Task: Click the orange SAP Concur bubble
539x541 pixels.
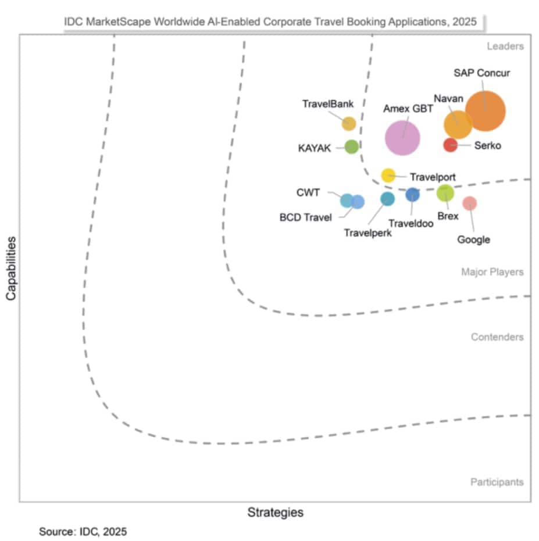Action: click(x=485, y=110)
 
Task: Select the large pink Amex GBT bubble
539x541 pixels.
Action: click(x=402, y=138)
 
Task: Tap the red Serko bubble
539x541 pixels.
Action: click(x=450, y=145)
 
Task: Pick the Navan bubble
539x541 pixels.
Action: click(x=458, y=124)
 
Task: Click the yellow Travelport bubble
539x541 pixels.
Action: click(x=388, y=175)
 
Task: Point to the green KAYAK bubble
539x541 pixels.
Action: click(x=351, y=146)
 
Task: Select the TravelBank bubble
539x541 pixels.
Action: click(x=348, y=123)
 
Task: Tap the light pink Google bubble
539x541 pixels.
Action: click(x=469, y=203)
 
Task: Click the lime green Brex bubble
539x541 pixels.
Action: click(x=445, y=193)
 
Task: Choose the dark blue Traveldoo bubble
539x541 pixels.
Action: click(x=412, y=195)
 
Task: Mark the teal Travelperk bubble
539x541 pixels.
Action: click(x=387, y=199)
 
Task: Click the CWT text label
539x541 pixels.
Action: click(x=308, y=192)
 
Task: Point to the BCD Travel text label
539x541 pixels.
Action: click(x=306, y=217)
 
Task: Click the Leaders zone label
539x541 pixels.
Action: click(x=505, y=46)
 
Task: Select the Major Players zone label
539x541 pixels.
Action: click(x=492, y=272)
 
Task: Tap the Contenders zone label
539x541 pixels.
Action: click(x=497, y=337)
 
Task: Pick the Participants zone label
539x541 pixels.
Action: click(x=497, y=482)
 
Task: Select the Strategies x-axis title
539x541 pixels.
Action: click(x=275, y=513)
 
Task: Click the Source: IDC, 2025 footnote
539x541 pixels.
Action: click(x=83, y=531)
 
